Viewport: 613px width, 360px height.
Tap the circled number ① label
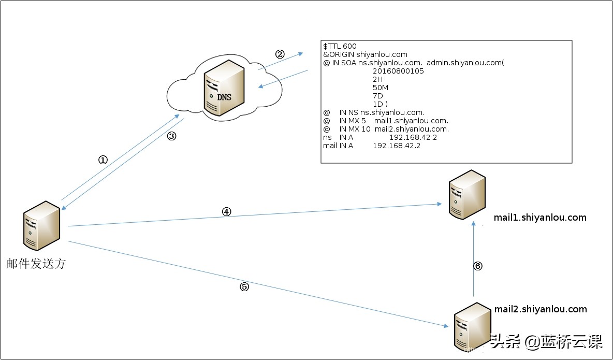(x=103, y=160)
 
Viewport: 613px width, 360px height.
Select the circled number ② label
(x=280, y=54)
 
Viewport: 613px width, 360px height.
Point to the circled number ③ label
(x=172, y=136)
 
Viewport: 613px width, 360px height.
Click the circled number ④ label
(x=226, y=211)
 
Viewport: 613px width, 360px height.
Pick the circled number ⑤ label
(x=244, y=287)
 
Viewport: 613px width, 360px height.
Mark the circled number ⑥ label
(x=478, y=266)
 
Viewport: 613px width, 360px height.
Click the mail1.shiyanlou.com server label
(x=541, y=218)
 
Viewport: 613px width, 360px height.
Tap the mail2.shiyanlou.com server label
(x=541, y=309)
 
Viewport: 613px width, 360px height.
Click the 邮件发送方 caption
(x=36, y=264)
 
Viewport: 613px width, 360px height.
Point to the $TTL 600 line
(x=340, y=46)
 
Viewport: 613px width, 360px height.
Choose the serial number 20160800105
(x=398, y=71)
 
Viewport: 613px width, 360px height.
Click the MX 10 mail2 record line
(x=386, y=129)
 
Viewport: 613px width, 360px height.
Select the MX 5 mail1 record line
(x=386, y=121)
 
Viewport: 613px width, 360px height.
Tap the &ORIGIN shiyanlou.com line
(x=365, y=54)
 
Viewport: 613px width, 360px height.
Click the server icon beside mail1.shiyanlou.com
(x=466, y=195)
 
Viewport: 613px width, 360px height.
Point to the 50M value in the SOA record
(x=381, y=88)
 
